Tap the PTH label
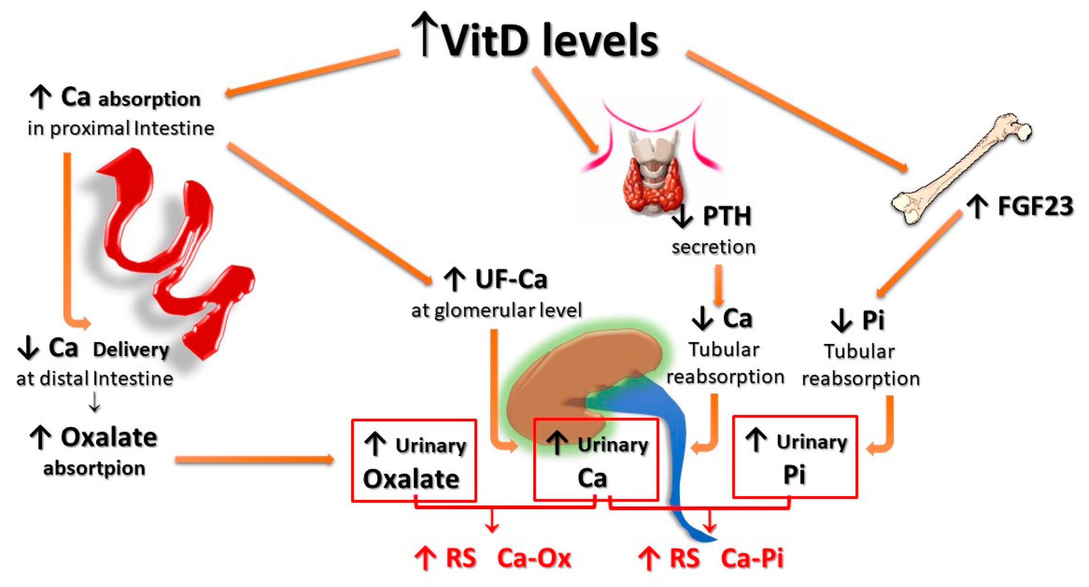click(726, 216)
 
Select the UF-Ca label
click(511, 279)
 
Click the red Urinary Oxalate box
click(414, 461)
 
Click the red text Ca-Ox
click(534, 558)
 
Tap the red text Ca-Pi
click(752, 558)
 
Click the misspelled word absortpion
click(94, 468)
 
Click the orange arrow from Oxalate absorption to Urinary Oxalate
click(254, 460)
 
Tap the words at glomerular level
click(496, 311)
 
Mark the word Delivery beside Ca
click(131, 350)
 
